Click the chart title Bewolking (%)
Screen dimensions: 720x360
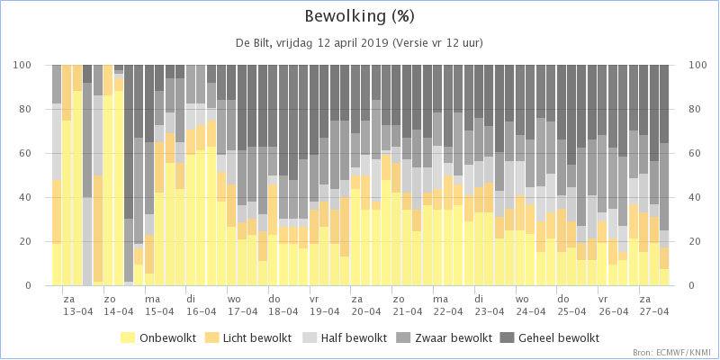359,17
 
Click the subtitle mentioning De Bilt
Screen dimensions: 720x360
359,43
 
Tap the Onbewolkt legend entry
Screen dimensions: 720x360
158,338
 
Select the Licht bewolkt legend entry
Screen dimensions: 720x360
251,338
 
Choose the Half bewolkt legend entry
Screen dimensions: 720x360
344,338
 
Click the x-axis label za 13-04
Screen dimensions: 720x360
77,305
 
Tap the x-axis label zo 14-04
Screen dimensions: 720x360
119,305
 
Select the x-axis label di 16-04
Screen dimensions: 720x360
201,305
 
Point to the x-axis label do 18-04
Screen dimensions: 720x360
283,305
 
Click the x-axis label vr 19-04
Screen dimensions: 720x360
325,305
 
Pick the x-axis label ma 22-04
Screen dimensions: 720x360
448,305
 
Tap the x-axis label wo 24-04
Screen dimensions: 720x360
530,305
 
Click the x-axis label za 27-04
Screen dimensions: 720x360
654,305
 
